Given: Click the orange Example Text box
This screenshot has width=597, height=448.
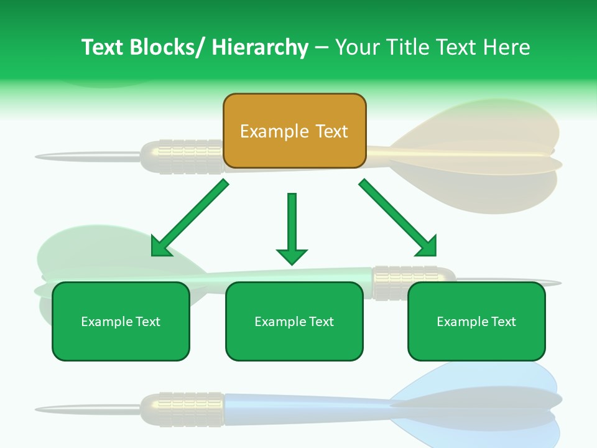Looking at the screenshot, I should (294, 131).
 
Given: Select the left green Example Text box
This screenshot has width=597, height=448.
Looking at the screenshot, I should (121, 321).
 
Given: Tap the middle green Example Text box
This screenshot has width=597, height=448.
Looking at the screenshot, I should (294, 321).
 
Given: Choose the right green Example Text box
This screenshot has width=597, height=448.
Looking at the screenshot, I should (476, 321).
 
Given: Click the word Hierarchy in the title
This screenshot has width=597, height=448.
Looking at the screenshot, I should (260, 47).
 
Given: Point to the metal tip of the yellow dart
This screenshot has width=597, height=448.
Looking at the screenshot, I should (87, 156).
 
